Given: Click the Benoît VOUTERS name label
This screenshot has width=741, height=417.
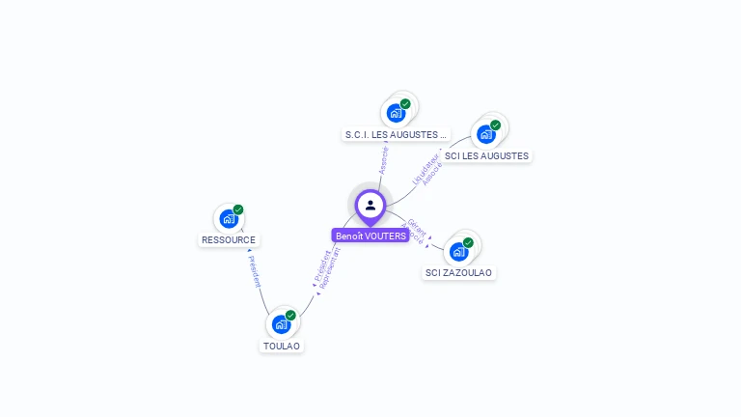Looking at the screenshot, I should (370, 236).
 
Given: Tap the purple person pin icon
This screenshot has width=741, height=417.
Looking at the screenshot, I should (370, 206).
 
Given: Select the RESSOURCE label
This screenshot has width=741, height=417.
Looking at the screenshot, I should (230, 239).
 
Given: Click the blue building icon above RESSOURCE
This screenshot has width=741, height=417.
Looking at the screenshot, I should (229, 218).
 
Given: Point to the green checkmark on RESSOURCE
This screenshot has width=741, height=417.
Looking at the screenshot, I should (238, 209).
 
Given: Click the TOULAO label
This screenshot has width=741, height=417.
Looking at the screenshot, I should (282, 346).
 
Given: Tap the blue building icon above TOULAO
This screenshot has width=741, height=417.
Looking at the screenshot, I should (281, 324).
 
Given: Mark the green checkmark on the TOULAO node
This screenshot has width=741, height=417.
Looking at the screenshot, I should (290, 316).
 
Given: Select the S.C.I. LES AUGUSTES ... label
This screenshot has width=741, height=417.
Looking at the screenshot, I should (397, 135).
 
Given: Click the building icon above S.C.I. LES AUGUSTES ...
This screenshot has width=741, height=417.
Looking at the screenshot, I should (396, 113).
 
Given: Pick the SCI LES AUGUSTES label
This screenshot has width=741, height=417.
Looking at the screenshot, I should (486, 156).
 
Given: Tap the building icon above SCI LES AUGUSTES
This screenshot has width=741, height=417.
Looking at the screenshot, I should (485, 134).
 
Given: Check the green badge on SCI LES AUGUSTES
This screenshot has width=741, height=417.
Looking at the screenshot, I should (495, 125).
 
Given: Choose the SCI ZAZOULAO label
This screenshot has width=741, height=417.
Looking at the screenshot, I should (459, 273).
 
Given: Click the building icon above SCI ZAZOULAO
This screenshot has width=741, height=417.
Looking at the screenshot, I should (459, 251).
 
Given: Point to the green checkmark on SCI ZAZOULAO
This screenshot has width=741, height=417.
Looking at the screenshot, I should (468, 242).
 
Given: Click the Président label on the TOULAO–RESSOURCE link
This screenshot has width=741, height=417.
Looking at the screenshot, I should (254, 271).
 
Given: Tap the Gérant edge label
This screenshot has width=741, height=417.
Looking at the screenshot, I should (417, 227).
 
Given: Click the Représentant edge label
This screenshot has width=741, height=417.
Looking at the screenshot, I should (331, 268).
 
